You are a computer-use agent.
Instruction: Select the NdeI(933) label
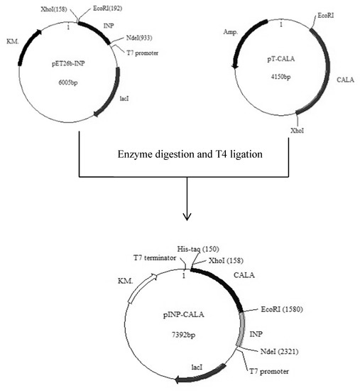pyautogui.click(x=133, y=40)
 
